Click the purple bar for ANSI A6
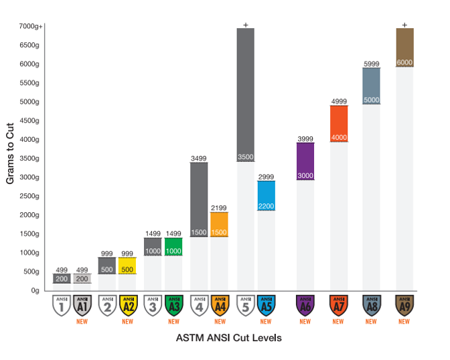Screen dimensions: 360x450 [x=305, y=161]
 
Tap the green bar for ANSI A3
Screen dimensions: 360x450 [x=173, y=246]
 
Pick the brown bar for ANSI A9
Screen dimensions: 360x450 [x=404, y=47]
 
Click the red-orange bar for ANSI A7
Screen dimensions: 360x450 [x=338, y=123]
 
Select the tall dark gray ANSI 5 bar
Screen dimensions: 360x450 [x=245, y=94]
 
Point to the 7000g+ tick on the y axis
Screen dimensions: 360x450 [x=30, y=26]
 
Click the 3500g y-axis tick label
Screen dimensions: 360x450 [x=32, y=159]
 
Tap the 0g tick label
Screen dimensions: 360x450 [x=37, y=290]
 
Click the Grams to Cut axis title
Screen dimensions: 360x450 [x=11, y=158]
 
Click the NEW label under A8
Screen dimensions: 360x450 [x=371, y=321]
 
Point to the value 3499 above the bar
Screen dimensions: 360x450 [x=198, y=158]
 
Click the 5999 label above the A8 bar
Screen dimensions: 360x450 [x=371, y=64]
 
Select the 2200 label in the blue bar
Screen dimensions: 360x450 [x=266, y=205]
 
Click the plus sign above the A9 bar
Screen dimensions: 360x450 [x=404, y=25]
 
